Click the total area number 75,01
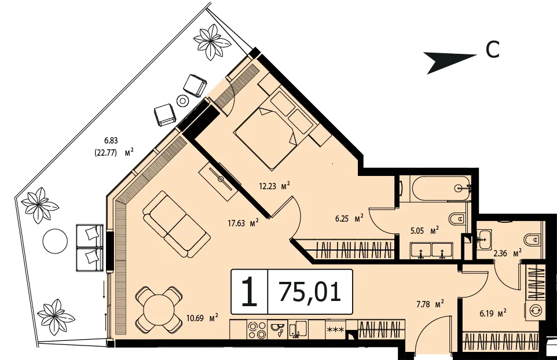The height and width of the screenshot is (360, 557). (310, 292)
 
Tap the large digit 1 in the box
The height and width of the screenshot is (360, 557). (250, 292)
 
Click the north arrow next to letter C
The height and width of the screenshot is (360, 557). (450, 62)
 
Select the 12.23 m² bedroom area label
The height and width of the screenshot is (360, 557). (274, 186)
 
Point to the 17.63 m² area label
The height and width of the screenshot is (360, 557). (243, 223)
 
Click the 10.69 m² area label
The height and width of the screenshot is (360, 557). (201, 318)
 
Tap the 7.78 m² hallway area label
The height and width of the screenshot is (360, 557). (430, 304)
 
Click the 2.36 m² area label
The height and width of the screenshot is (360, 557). (507, 254)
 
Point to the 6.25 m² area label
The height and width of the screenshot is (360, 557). (349, 219)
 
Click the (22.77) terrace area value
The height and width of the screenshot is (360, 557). (105, 153)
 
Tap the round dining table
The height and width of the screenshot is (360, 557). (159, 308)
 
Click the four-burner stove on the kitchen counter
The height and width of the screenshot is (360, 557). (257, 330)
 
